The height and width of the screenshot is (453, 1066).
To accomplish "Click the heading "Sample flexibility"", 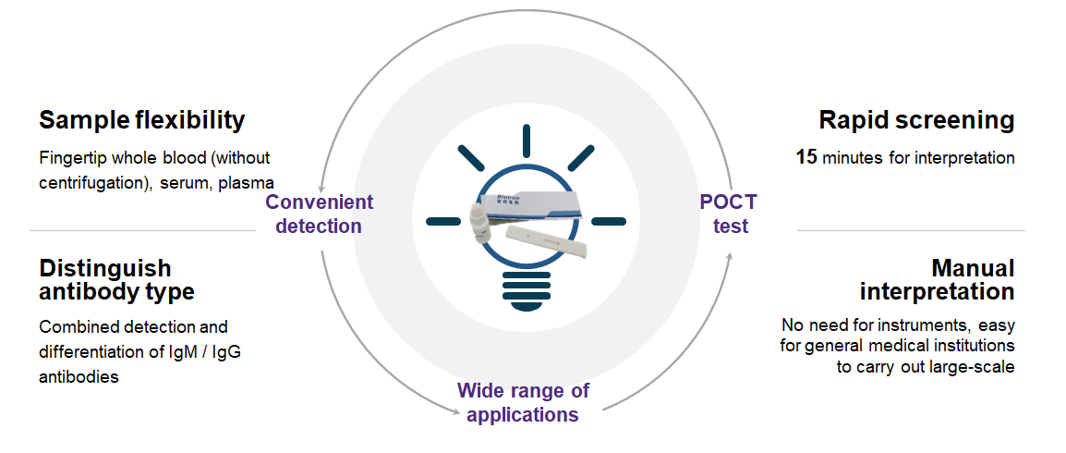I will pos(141,120).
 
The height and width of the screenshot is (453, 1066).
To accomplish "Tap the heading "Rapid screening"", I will pos(916,120).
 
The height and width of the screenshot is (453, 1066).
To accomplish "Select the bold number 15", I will pos(806,158).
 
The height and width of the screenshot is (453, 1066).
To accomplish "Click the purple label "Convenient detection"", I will pos(319,214).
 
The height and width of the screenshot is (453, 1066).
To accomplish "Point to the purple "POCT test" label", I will pos(728,214).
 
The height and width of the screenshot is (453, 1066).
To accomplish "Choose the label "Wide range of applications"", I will pos(523,402).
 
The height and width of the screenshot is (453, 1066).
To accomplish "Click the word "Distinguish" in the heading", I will pos(104,269).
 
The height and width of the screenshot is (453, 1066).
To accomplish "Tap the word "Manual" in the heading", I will pos(972,269).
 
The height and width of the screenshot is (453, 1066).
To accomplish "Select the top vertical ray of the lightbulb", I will pos(526,141).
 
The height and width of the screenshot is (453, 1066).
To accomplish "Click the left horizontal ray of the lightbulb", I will pos(442,221).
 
